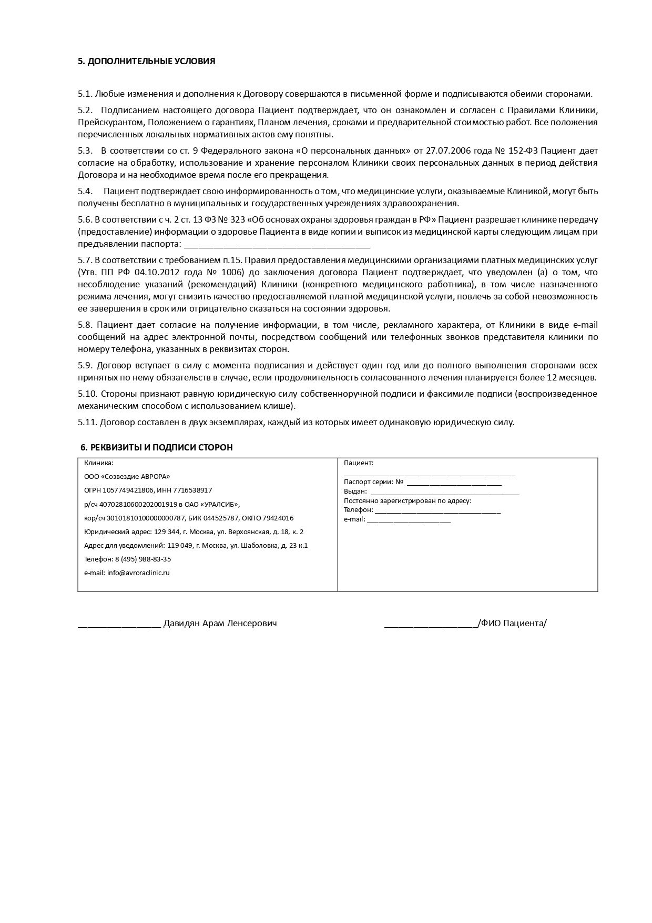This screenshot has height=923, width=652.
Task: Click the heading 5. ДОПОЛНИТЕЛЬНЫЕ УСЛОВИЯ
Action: pyautogui.click(x=146, y=61)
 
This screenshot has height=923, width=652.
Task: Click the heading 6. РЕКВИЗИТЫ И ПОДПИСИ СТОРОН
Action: pyautogui.click(x=156, y=447)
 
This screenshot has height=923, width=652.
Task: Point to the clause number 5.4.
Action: pyautogui.click(x=85, y=191)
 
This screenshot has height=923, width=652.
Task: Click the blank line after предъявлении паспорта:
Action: pyautogui.click(x=277, y=245)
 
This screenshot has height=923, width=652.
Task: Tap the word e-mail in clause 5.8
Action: pyautogui.click(x=585, y=325)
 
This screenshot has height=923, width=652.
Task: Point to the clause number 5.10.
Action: pyautogui.click(x=87, y=394)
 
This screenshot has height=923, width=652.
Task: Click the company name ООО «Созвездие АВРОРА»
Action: pyautogui.click(x=127, y=476)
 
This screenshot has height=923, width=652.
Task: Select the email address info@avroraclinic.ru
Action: pyautogui.click(x=138, y=573)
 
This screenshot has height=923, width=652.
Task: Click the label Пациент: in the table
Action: pyautogui.click(x=358, y=463)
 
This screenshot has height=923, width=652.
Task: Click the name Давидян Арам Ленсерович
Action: pyautogui.click(x=220, y=623)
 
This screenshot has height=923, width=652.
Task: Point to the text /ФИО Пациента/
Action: pyautogui.click(x=512, y=623)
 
